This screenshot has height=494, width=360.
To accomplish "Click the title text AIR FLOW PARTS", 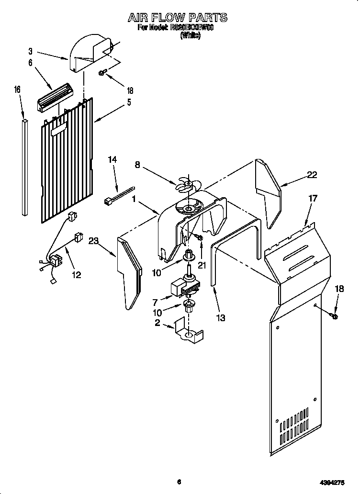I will (177, 18).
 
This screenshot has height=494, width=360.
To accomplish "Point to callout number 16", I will (18, 90).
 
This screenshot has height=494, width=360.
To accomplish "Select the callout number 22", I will (312, 175).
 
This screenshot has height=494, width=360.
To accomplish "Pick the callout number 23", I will (93, 242).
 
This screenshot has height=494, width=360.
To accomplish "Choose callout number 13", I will (220, 317).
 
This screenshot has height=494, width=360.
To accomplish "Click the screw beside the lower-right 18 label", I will (334, 315).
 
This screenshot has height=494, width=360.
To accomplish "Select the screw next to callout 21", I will (199, 236).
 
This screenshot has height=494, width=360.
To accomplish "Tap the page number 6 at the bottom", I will (178, 482).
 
